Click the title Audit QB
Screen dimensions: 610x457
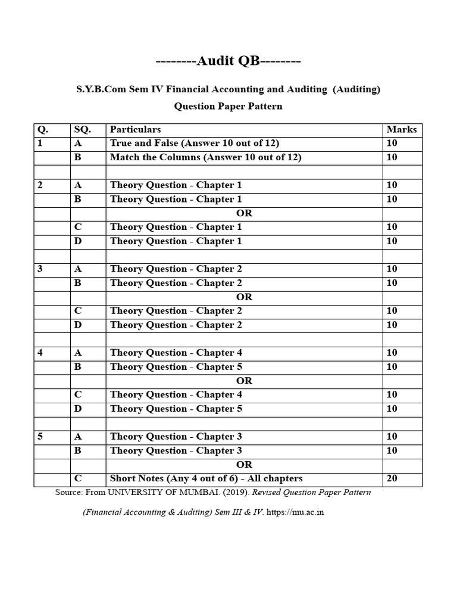pos(228,61)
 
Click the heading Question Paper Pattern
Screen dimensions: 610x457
pos(228,107)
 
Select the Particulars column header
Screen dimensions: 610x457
pos(136,129)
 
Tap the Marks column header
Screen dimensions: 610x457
pos(402,129)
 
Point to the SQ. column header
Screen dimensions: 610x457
pos(82,129)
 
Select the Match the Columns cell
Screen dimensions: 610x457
pos(206,157)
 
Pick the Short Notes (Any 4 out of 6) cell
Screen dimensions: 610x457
pos(206,478)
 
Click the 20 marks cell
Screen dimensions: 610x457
pos(392,478)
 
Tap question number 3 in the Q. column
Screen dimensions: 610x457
pos(40,269)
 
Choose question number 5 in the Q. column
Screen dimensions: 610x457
pos(40,437)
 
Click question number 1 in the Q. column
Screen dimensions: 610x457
pos(40,143)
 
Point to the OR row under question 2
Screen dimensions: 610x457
pos(244,213)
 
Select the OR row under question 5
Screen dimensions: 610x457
pos(244,465)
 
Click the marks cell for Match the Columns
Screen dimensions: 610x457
pos(392,157)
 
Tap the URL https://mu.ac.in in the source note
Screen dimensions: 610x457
pos(295,512)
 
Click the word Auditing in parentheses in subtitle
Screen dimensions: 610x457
pos(356,89)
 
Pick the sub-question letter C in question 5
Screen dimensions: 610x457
pos(77,478)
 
